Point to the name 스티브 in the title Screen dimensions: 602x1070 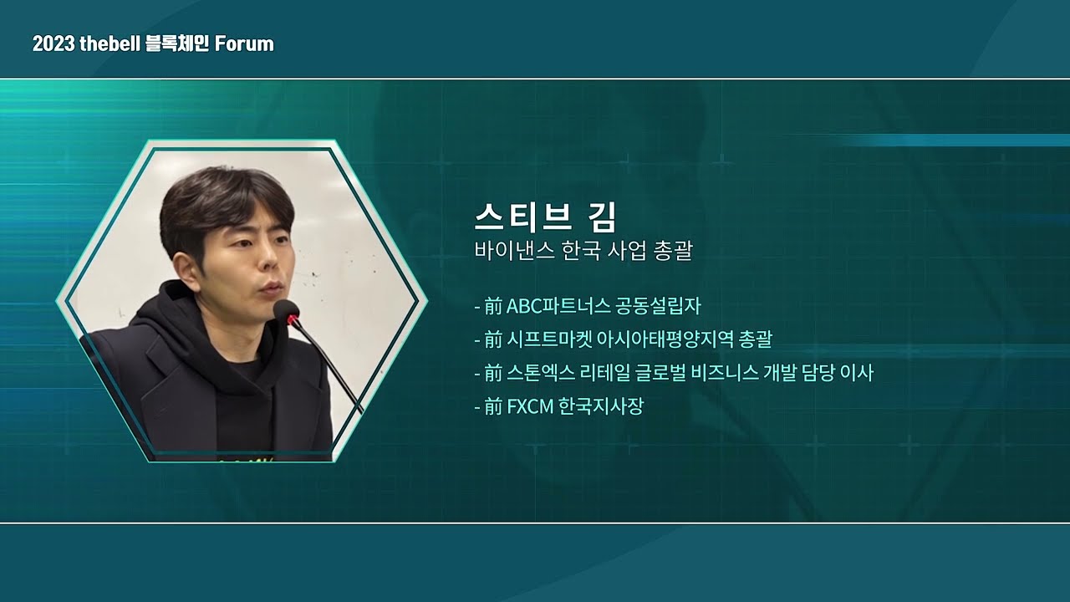coord(523,217)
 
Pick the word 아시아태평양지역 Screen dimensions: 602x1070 coord(660,339)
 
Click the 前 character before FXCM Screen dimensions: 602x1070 coord(493,407)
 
